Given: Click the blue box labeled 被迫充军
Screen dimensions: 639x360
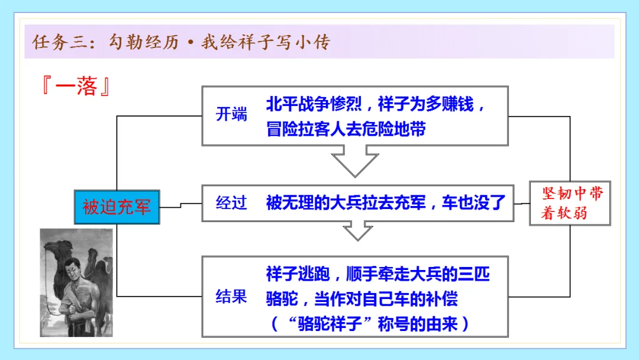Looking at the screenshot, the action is coord(117,207).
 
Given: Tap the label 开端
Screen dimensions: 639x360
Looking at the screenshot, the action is coord(231,114).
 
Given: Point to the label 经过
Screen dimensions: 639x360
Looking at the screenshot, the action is coord(231,203).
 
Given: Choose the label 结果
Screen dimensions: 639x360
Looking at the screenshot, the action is coord(231,296).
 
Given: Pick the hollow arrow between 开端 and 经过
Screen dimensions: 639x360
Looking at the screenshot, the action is coord(355,160).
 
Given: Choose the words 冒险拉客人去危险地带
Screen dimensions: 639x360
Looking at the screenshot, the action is coord(346,129).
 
